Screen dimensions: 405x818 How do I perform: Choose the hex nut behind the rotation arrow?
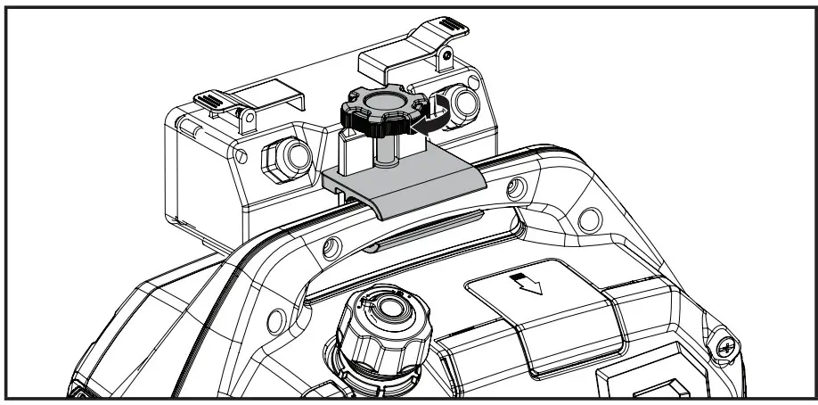point(462,104)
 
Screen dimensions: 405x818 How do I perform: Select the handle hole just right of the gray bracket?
point(514,188)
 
